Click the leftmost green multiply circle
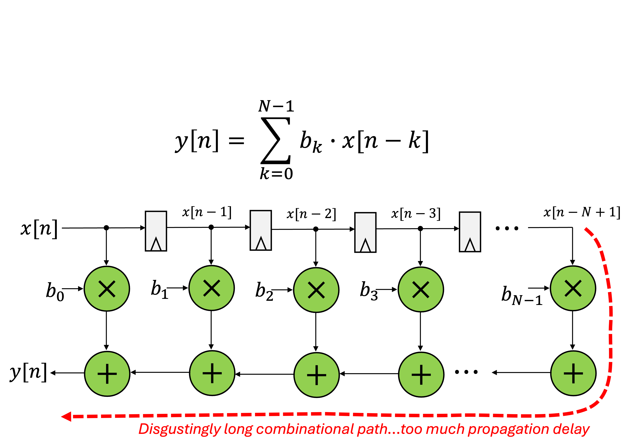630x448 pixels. [107, 289]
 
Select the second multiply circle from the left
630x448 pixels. [212, 288]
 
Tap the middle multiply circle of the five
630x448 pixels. [316, 290]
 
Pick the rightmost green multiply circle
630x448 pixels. [573, 288]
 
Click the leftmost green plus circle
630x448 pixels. [107, 374]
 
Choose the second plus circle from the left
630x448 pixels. [212, 373]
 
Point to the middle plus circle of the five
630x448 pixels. [317, 375]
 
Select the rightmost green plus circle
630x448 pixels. [573, 373]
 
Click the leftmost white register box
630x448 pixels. [156, 231]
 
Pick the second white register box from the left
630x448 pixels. [261, 230]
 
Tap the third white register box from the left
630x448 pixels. [365, 232]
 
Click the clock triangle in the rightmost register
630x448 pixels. [470, 245]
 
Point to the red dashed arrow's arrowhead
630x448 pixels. [66, 416]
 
